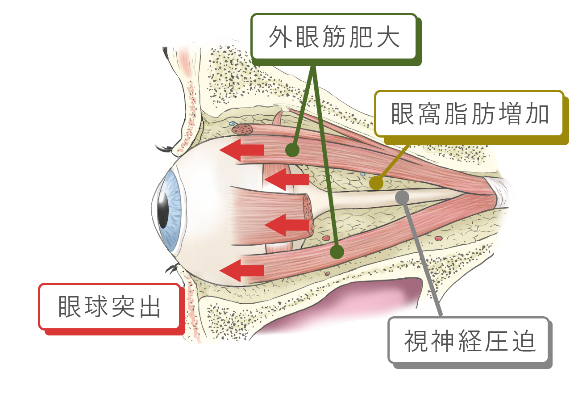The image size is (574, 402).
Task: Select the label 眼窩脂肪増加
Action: click(469, 114)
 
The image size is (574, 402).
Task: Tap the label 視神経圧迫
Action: click(469, 341)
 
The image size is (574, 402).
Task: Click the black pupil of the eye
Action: click(163, 209)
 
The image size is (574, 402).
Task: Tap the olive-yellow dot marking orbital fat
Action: click(376, 183)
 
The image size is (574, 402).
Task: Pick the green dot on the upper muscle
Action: click(292, 150)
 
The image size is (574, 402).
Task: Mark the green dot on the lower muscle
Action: click(337, 252)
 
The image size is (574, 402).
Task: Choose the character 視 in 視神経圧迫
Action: click(415, 341)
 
